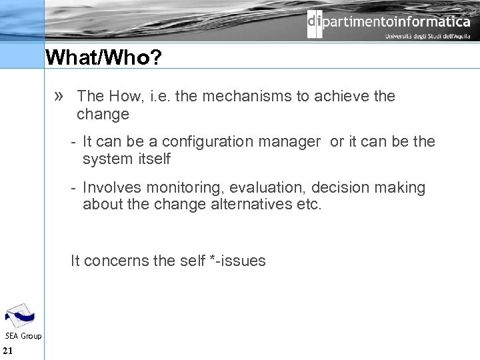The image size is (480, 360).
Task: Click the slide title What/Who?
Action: coord(103,58)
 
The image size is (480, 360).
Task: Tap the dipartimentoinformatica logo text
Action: coord(389,22)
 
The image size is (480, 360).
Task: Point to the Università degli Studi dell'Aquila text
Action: coord(427,37)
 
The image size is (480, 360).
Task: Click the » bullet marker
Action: coord(59,96)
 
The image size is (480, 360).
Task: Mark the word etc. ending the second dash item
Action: coord(307,204)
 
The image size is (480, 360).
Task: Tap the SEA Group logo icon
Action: coord(20,315)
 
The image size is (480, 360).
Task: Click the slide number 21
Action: coord(8,351)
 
